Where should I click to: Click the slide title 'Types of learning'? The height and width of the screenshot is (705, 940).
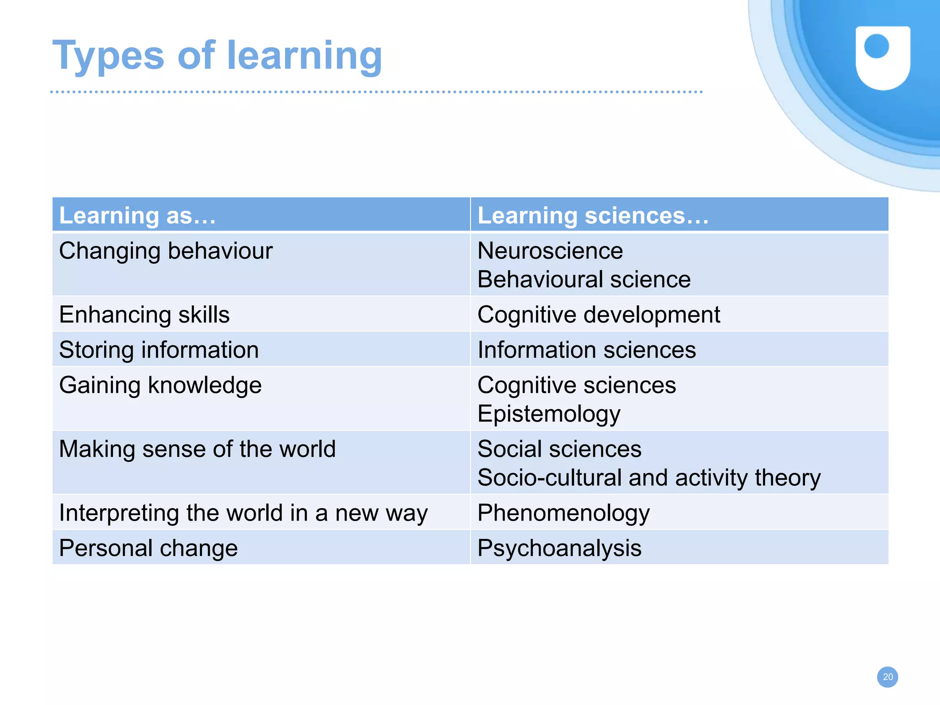(217, 56)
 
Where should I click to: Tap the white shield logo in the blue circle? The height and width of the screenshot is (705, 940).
(883, 57)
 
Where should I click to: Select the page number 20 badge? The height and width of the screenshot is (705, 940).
(887, 677)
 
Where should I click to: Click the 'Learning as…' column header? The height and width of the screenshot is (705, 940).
(138, 216)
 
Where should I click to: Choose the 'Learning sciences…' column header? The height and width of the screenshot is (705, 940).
(593, 216)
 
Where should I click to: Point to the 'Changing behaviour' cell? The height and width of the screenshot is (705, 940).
(166, 251)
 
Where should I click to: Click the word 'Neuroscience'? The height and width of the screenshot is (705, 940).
(550, 251)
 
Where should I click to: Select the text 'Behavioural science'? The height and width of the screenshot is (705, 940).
(584, 279)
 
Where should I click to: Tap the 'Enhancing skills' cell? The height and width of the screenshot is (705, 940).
(144, 315)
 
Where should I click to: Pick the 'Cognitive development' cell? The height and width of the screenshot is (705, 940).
(599, 315)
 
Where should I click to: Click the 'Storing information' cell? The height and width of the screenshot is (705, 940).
(159, 350)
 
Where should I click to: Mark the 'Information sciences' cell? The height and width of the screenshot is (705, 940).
(587, 350)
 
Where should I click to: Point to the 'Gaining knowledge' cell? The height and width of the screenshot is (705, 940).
(160, 385)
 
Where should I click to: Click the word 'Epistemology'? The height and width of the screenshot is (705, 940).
(549, 414)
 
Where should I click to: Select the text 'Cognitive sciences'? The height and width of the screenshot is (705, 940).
(576, 385)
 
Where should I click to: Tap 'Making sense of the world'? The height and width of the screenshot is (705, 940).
(197, 449)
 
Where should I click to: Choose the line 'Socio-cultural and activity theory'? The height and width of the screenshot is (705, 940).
(649, 477)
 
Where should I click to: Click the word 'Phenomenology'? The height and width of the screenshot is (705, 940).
(563, 513)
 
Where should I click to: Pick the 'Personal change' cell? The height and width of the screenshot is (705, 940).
(148, 548)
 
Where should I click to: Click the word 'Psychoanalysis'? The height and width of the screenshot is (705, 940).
(559, 548)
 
